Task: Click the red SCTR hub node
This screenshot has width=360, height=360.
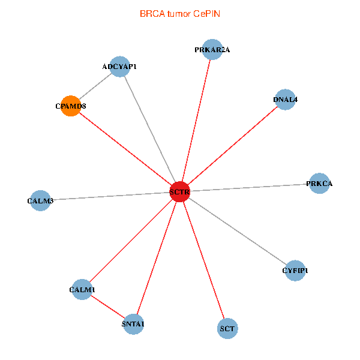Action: pos(179,192)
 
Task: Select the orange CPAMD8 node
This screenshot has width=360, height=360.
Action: pos(71,106)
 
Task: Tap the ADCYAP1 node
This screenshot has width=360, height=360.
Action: pos(119,67)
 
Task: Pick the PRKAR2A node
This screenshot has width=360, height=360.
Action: pos(212,50)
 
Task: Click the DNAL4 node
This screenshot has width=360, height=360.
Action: pos(285,100)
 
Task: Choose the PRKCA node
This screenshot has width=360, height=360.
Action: pos(319,184)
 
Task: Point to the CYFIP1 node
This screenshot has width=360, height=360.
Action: pos(295,271)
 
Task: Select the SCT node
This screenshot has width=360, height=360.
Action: pos(227,329)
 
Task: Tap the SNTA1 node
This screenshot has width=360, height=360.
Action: pos(133,324)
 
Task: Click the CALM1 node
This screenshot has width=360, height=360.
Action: pos(82,290)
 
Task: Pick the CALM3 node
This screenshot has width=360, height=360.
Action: pos(40,200)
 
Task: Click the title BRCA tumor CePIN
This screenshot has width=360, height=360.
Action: pos(180,14)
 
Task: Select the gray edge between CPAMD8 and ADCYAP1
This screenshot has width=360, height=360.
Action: pos(95,86)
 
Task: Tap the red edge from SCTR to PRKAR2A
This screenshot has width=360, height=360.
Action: pos(196,121)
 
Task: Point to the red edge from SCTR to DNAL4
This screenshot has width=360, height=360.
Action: pos(233,146)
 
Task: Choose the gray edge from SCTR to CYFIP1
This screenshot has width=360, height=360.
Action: pos(238,231)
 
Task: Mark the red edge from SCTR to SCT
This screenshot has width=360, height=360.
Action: pos(203,260)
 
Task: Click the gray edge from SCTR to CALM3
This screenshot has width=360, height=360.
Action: pos(110,196)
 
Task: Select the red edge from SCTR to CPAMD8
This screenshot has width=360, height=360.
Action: pos(125,149)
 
